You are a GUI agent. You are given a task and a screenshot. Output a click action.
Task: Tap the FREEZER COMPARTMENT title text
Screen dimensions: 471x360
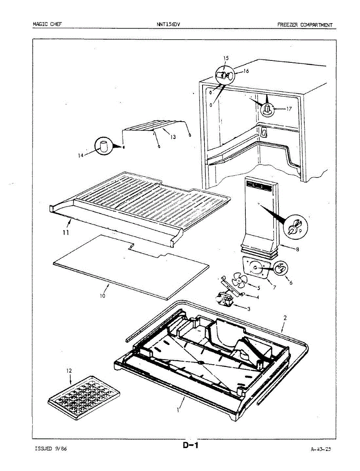tap(305, 25)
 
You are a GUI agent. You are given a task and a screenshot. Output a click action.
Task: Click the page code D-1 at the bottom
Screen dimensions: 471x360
tap(191, 445)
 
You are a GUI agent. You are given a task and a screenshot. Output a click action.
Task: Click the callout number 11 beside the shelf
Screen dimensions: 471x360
tap(66, 232)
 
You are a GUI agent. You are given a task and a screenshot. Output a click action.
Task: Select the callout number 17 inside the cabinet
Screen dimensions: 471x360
tap(289, 109)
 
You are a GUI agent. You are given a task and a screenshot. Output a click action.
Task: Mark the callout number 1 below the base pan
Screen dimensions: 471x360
tap(179, 411)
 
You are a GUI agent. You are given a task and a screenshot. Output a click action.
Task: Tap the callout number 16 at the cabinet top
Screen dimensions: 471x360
tap(246, 71)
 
